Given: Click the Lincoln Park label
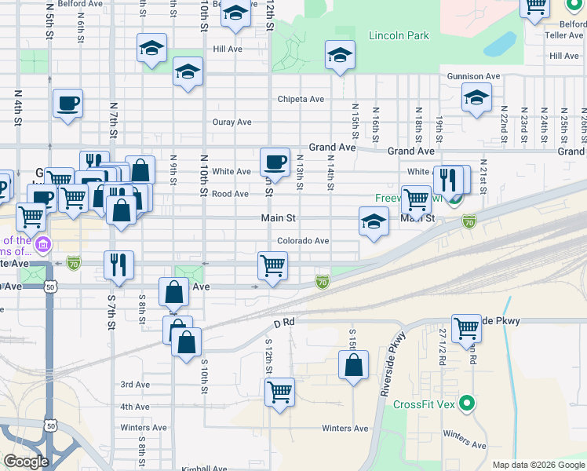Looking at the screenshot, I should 399,35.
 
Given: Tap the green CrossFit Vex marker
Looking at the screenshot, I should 468,404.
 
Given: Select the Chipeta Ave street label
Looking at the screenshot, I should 301,100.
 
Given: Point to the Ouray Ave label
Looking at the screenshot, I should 232,122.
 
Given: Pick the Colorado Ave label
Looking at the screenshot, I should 303,241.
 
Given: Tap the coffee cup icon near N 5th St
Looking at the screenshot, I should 68,103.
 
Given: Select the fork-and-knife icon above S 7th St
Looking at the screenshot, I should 118,265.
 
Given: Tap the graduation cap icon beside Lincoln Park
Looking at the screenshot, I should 340,55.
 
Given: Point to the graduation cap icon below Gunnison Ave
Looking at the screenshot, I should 476,99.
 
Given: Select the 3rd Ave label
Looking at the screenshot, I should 135,385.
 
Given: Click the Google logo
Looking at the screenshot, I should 26,462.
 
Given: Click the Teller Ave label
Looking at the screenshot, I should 564,35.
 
